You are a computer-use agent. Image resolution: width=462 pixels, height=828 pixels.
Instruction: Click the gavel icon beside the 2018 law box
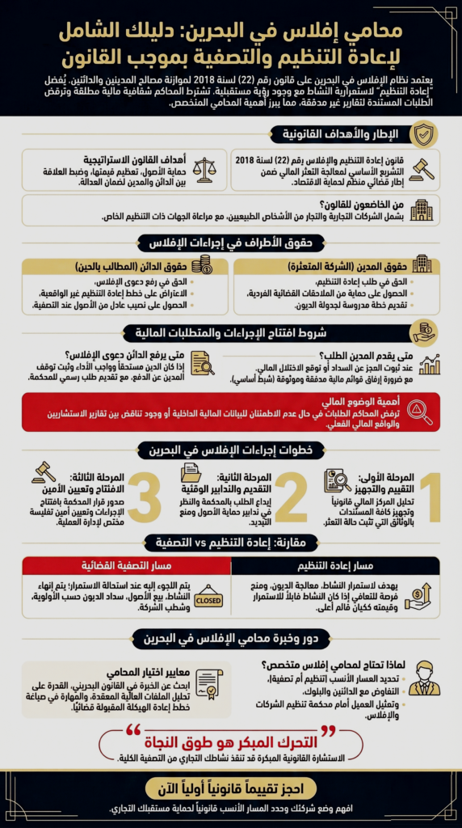click(x=421, y=170)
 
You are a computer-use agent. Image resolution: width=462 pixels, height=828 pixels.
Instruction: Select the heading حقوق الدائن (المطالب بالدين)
click(x=141, y=266)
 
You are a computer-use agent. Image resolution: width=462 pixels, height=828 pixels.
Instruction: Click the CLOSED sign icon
click(x=208, y=596)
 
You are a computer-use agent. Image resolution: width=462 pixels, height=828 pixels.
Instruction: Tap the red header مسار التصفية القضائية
click(x=127, y=565)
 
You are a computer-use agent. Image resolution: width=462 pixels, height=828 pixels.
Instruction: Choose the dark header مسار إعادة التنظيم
click(x=335, y=565)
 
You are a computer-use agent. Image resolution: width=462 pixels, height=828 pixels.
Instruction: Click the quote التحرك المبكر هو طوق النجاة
click(x=230, y=741)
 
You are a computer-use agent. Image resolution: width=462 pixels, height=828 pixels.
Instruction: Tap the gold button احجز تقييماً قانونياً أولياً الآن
click(x=230, y=788)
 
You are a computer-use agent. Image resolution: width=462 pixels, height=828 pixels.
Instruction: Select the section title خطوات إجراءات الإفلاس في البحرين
click(x=230, y=450)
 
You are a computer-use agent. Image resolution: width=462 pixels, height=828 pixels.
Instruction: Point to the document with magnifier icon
click(x=203, y=364)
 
